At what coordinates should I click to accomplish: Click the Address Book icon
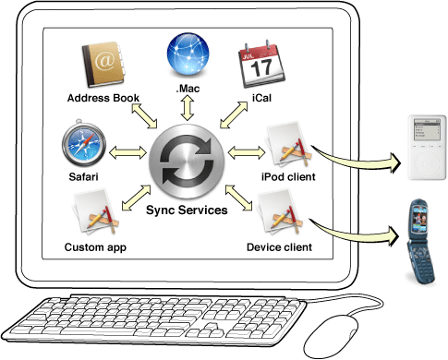tap(103, 65)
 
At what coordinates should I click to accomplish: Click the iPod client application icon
tap(287, 145)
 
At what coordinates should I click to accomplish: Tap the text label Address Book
tap(103, 98)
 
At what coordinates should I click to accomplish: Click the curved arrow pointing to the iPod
tap(359, 159)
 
